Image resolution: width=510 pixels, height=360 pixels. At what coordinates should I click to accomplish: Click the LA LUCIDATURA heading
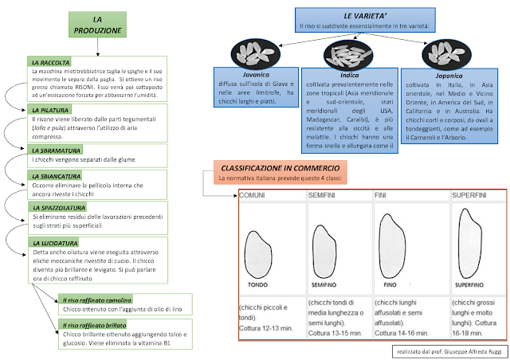click(55, 241)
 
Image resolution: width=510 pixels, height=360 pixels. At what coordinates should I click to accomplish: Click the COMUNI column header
click(254, 195)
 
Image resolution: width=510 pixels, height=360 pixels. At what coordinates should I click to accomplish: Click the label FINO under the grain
click(390, 284)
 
